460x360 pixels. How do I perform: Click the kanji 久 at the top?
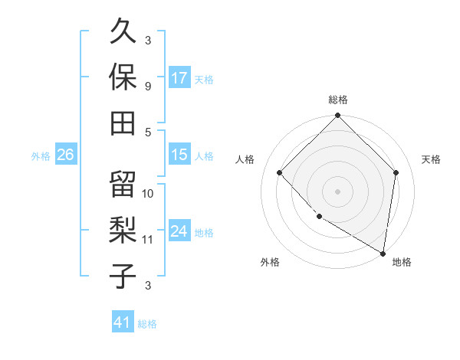(x=123, y=33)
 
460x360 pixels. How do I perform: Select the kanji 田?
(x=123, y=121)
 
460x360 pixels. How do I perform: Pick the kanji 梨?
(x=123, y=230)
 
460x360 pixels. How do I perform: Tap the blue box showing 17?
(x=179, y=77)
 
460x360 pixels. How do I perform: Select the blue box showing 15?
(x=179, y=155)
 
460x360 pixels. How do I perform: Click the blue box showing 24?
(x=179, y=232)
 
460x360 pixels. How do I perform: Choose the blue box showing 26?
(x=66, y=155)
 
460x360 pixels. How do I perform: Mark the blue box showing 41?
(x=123, y=322)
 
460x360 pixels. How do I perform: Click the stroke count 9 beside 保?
(x=148, y=86)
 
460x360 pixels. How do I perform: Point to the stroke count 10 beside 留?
(x=149, y=193)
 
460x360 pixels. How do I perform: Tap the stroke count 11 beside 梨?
(x=148, y=240)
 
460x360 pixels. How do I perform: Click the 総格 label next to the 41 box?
(x=147, y=324)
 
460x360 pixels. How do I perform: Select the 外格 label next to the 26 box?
(x=41, y=156)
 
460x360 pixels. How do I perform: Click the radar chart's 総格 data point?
(x=337, y=117)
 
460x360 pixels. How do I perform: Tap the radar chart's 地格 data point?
(x=383, y=253)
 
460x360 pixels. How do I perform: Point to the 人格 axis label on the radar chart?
(x=246, y=159)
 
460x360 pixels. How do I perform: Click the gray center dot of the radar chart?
(x=337, y=191)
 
